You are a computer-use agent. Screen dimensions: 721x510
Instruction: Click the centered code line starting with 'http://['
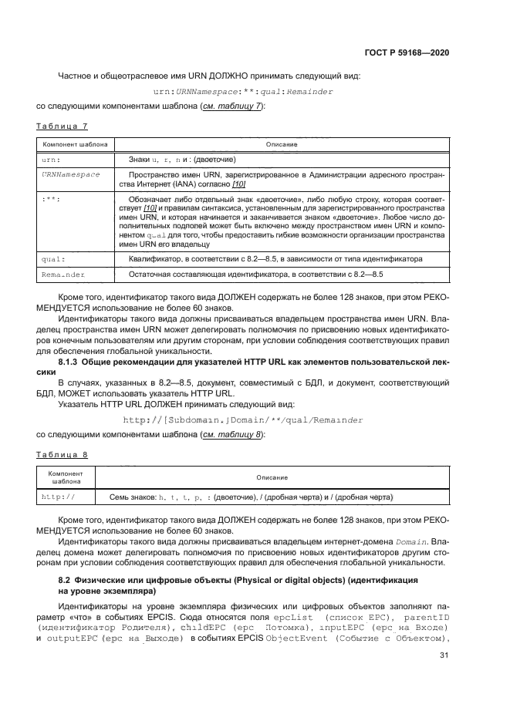coord(243,419)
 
